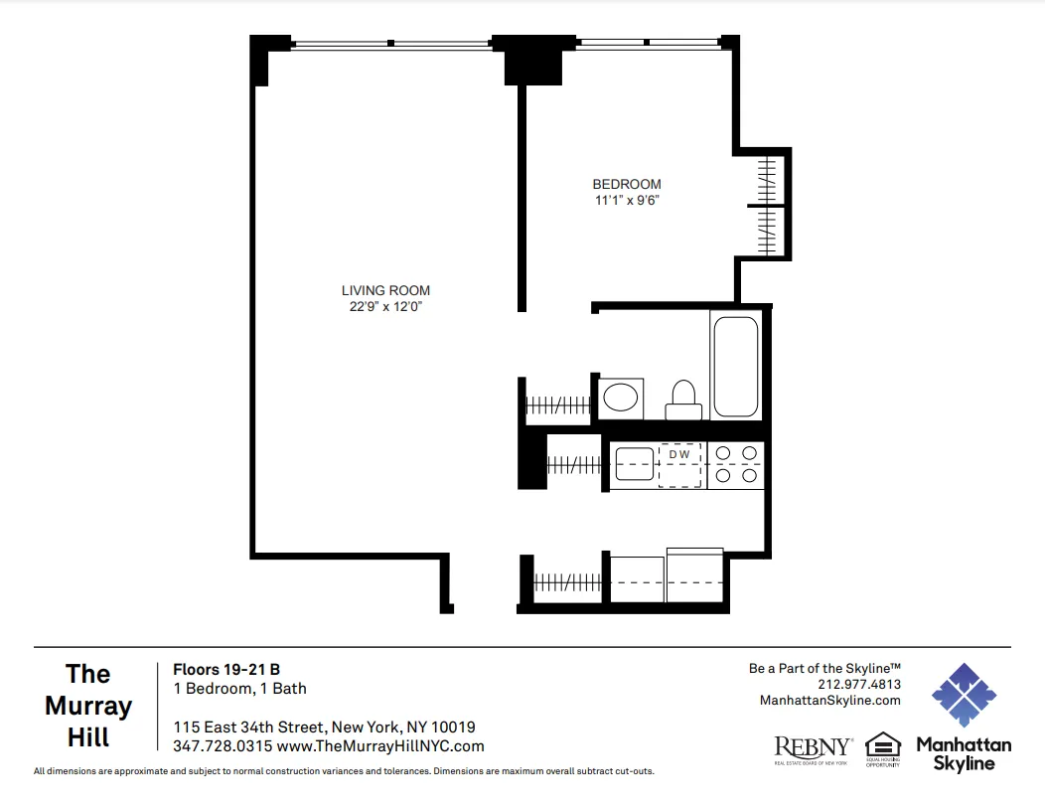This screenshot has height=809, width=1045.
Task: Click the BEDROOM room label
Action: (x=626, y=184)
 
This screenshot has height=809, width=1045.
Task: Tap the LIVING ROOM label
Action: (x=385, y=290)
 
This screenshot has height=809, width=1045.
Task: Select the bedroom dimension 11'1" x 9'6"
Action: (x=626, y=200)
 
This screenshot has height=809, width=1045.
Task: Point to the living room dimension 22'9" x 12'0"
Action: (x=385, y=306)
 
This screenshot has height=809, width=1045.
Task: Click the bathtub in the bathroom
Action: (x=735, y=367)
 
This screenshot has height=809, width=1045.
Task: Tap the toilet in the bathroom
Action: (x=682, y=400)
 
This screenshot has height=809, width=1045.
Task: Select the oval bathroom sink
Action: (x=622, y=398)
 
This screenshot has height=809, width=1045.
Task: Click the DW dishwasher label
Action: (x=679, y=455)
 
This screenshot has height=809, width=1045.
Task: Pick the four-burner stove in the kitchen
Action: (x=736, y=465)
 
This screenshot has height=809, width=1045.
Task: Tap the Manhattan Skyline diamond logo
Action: (x=963, y=695)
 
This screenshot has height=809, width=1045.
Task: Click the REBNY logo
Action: (x=813, y=746)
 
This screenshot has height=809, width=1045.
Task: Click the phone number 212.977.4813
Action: (x=859, y=685)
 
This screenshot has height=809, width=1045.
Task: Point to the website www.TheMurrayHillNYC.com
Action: (x=380, y=746)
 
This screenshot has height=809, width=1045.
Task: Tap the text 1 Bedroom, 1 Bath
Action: (x=239, y=688)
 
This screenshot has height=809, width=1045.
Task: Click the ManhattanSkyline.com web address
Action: (x=829, y=700)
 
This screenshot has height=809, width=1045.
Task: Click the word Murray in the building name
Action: (x=88, y=707)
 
